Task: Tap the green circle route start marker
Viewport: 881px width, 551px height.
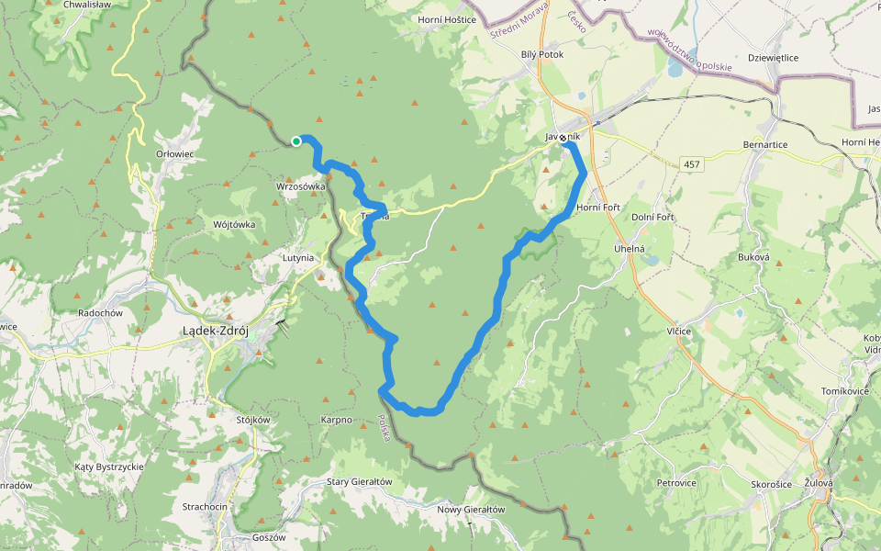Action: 296,141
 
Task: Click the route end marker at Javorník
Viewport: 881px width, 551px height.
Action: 563,139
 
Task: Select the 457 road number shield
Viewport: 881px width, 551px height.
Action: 692,163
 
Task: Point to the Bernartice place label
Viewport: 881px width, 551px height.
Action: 765,145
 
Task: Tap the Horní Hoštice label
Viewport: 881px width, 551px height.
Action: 447,19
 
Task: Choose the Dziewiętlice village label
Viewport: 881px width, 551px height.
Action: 773,58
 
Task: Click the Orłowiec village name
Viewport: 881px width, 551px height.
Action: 174,153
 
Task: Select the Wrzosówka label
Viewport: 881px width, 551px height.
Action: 301,186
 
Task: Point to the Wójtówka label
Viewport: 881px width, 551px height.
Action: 233,224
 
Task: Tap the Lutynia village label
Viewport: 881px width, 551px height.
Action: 298,259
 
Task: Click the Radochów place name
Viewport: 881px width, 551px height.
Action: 101,312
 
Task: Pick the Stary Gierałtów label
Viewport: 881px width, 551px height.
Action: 359,482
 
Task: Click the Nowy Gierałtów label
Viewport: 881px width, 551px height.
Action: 471,510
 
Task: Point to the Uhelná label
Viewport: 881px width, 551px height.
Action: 630,249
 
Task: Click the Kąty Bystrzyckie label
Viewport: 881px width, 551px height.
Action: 109,467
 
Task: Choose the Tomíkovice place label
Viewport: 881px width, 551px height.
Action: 845,392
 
